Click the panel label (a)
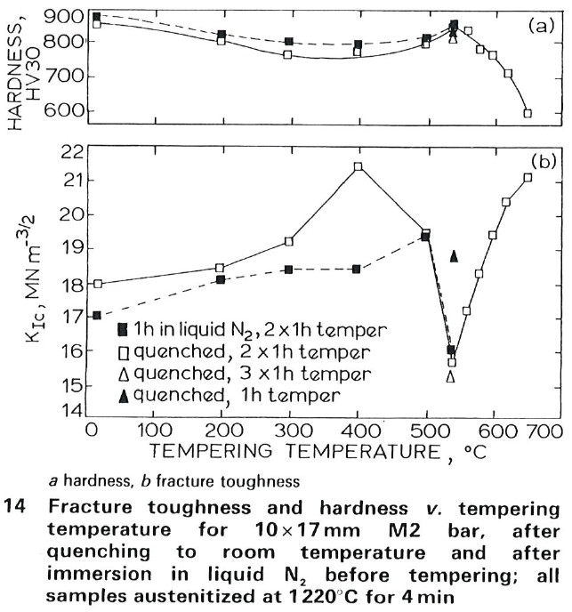(x=540, y=26)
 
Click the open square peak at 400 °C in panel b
(x=358, y=166)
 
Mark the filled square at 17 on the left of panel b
(x=96, y=316)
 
